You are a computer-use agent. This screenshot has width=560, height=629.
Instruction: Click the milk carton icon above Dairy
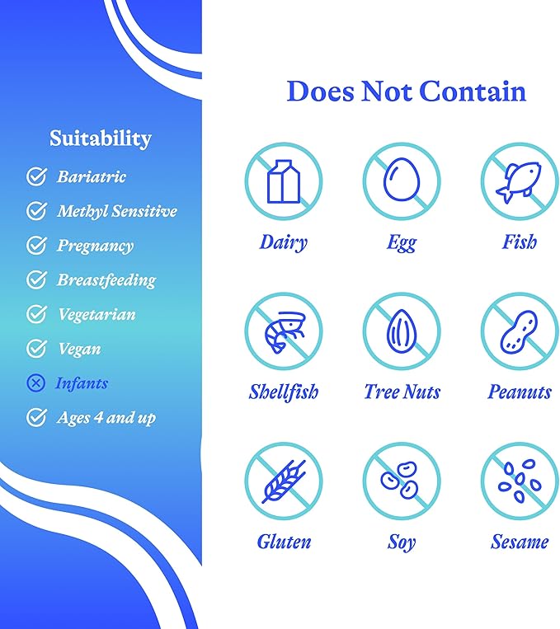pos(284,181)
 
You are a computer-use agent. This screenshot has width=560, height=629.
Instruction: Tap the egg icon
pos(402,179)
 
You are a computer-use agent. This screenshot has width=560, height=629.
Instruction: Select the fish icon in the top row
pos(518,181)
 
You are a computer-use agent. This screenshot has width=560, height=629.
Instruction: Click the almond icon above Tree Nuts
pos(402,329)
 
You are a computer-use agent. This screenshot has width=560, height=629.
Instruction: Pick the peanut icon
pos(519,331)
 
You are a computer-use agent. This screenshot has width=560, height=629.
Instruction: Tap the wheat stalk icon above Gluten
pos(284,481)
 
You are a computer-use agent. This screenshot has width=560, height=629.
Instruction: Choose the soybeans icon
pos(399,480)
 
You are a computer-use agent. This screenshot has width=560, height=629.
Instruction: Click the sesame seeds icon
pos(520,481)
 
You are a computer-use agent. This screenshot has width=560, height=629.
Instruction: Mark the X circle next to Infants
pos(35,383)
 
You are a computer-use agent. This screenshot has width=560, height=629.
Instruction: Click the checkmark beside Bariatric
pos(36,176)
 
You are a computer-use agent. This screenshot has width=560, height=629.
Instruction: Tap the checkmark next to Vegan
pos(36,348)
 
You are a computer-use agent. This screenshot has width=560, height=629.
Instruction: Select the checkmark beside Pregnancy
pos(36,245)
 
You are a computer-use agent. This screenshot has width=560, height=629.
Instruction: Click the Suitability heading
pos(101,138)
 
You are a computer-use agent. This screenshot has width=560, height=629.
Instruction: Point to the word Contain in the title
pos(473,91)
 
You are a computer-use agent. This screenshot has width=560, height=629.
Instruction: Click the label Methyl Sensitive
pos(117,211)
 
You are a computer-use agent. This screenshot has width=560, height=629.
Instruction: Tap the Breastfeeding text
pos(106,280)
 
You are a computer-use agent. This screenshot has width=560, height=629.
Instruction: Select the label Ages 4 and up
pos(106,418)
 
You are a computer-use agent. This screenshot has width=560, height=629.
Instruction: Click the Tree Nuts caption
pos(402,392)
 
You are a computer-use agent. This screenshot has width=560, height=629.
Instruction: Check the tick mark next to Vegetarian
pos(36,314)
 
